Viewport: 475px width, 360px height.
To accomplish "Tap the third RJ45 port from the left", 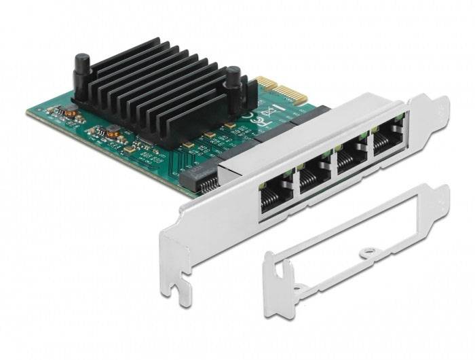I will tap(350, 162).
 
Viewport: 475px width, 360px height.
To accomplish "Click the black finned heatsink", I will tap(163, 88).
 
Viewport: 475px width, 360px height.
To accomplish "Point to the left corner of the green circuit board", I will tap(28, 113).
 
